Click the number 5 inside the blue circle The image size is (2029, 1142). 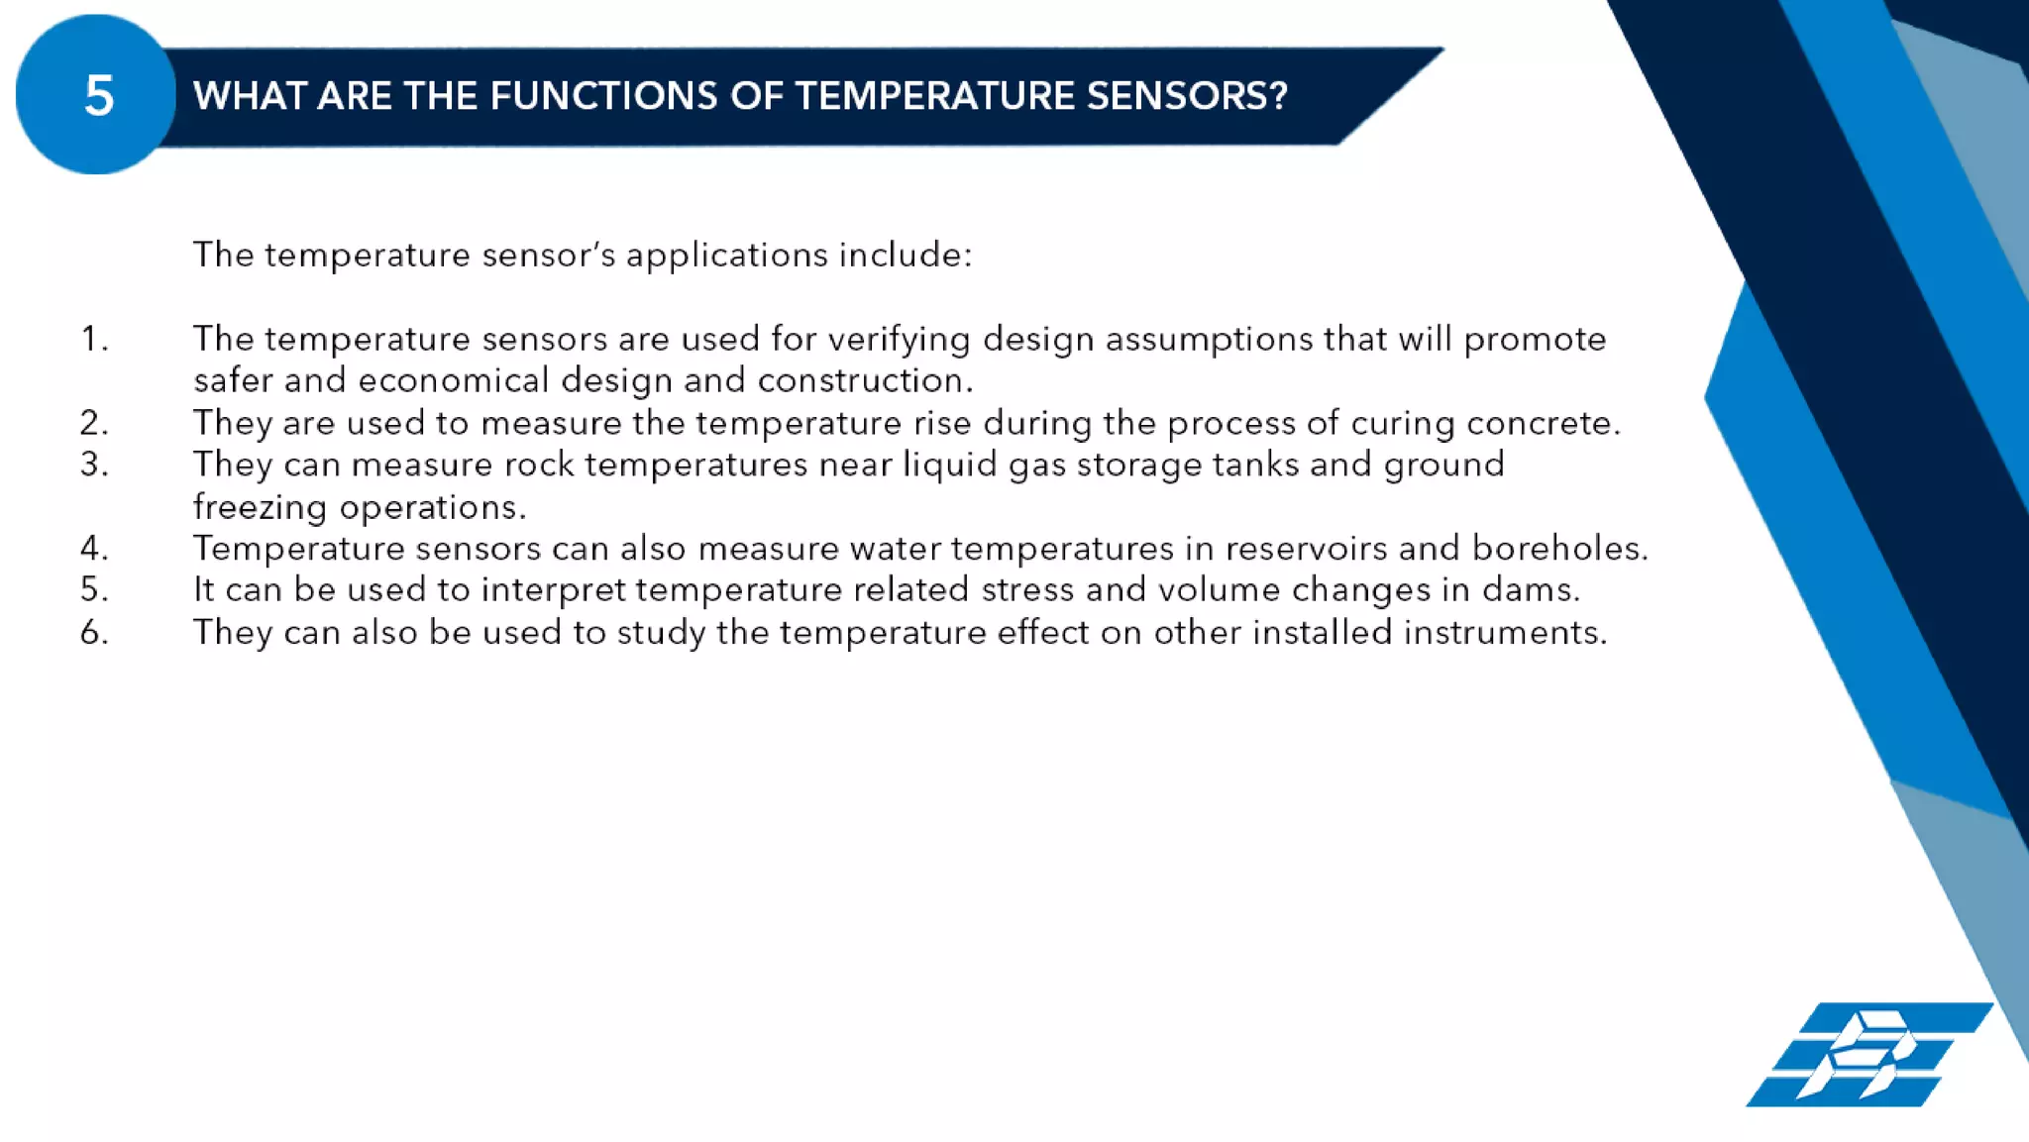coord(98,96)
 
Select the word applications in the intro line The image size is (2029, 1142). coord(726,256)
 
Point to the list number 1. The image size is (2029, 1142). coord(94,339)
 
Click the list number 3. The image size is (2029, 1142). coord(94,465)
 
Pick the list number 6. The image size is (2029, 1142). coord(94,632)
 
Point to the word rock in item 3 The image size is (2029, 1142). coord(539,465)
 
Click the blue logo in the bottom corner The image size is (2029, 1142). coord(1869,1054)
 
